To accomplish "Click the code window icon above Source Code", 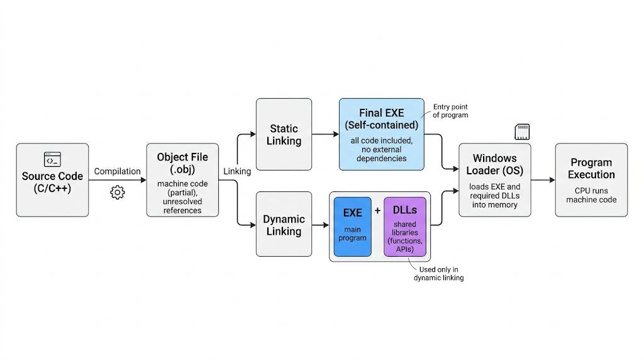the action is (53, 159).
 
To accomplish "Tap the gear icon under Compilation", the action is (118, 192).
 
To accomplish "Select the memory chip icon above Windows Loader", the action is (522, 132).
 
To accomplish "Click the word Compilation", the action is (118, 171).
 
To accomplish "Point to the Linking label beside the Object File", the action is (237, 171).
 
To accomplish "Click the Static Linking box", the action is (284, 135).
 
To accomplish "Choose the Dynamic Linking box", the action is (284, 224).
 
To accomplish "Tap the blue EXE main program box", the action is (352, 227).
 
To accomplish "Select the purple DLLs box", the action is (405, 227).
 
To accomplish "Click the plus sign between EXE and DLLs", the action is (377, 211).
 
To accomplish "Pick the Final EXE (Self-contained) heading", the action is (382, 119).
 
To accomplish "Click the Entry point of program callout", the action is (450, 111).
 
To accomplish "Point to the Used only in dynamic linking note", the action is (438, 274).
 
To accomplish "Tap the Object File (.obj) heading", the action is (182, 163).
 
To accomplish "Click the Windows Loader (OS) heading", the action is (494, 164).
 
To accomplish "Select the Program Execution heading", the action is (591, 169).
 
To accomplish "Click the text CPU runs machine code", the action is (591, 195).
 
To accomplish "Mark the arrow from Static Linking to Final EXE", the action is (325, 135).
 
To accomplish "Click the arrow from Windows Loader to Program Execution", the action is (543, 180).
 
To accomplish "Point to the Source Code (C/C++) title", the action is (53, 182).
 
